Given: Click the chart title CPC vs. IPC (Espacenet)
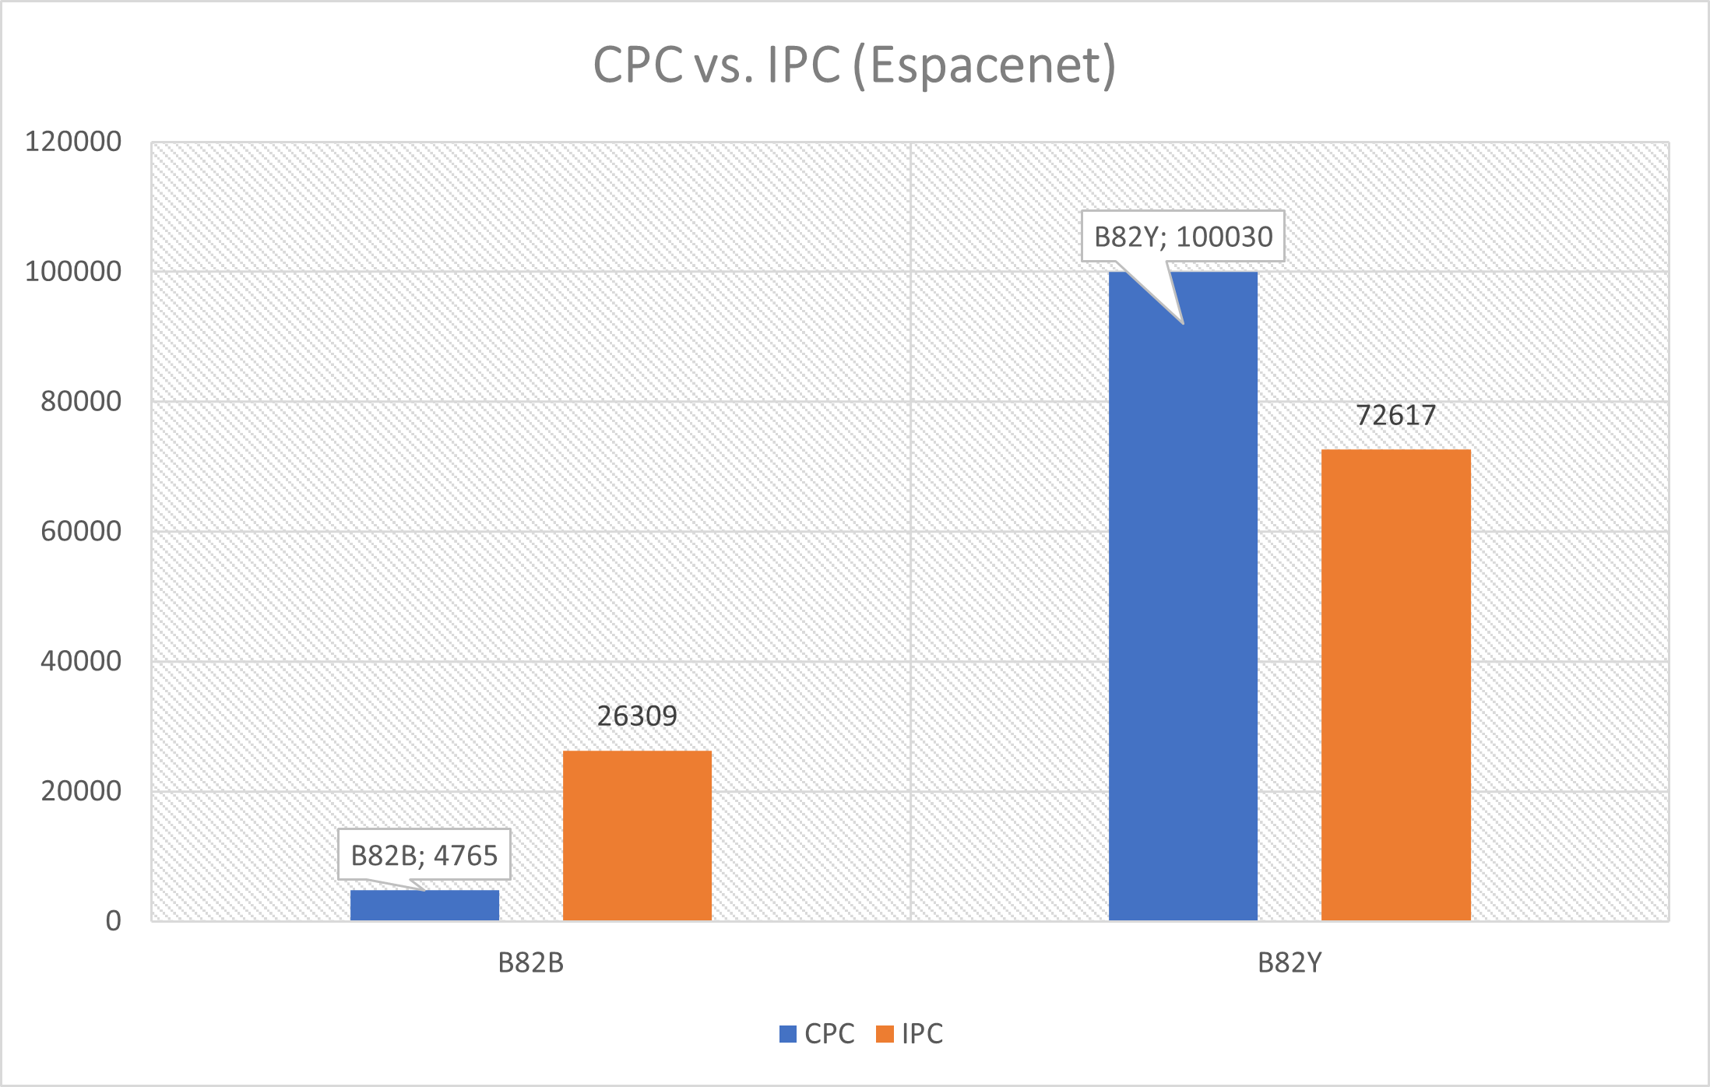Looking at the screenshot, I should point(854,65).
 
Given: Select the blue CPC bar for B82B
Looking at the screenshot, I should point(424,906).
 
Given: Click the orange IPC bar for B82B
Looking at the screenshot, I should point(637,835).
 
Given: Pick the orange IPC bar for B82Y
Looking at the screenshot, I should point(1395,685).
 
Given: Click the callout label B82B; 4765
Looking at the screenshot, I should point(424,855).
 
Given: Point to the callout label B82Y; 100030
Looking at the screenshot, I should point(1183,236).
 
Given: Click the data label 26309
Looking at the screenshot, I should point(637,716).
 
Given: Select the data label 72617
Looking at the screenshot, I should point(1395,415).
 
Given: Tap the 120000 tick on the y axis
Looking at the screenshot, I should point(74,142).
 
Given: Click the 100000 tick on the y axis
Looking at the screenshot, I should point(74,272).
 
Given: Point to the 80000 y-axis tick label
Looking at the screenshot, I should point(81,402).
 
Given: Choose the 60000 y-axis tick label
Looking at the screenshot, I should point(81,531).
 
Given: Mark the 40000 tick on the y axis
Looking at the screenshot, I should point(81,661).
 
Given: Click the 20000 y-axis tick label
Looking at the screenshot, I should point(81,791).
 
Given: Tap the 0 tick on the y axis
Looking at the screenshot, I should point(114,921).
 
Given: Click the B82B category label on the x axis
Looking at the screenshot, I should point(530,963).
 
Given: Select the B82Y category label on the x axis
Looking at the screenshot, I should point(1290,963).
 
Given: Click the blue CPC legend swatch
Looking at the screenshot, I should point(788,1034).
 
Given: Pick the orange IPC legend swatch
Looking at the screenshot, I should point(885,1034).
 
